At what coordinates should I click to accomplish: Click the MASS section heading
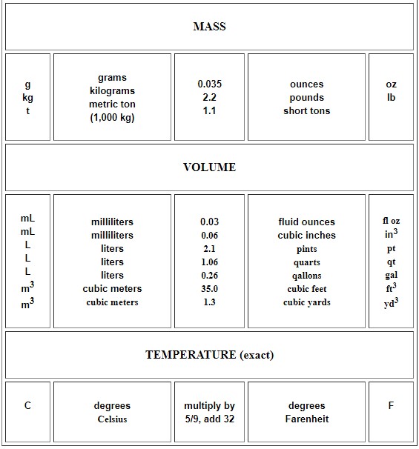click(209, 27)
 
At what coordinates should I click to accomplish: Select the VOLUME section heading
click(209, 167)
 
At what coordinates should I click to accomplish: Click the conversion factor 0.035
click(209, 84)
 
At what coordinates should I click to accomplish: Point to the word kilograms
click(112, 91)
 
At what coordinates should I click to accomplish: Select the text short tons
click(306, 111)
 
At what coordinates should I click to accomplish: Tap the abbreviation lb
click(391, 98)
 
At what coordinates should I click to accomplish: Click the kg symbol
click(27, 98)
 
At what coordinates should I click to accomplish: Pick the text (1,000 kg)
click(112, 118)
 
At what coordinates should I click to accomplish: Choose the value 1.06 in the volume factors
click(209, 262)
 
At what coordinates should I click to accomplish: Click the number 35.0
click(209, 289)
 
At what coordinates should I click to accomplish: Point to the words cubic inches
click(306, 236)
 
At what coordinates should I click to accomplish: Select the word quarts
click(306, 262)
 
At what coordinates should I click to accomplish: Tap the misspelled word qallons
click(306, 276)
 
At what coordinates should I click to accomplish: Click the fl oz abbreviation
click(391, 222)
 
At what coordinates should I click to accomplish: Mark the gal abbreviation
click(391, 275)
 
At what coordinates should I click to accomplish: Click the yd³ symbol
click(391, 302)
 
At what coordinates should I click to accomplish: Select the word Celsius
click(112, 419)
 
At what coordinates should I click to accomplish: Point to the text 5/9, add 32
click(209, 419)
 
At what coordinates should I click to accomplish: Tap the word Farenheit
click(306, 419)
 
